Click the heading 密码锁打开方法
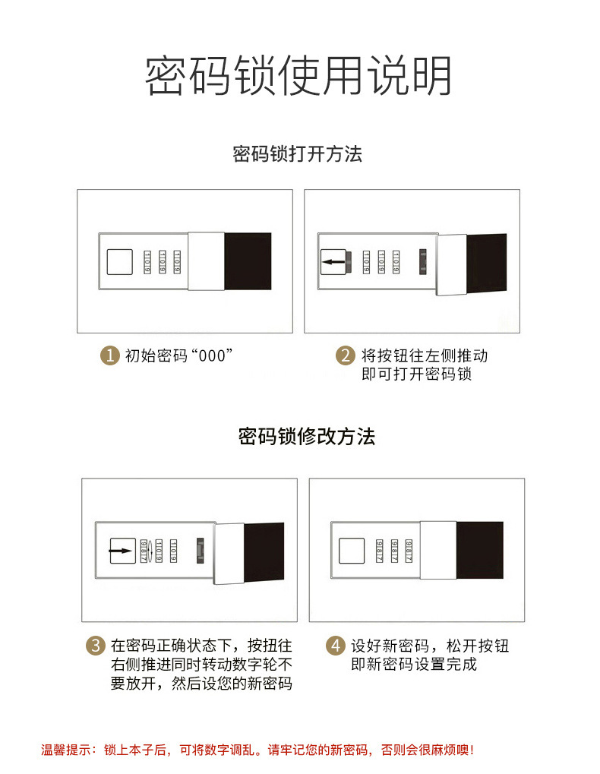coord(298,154)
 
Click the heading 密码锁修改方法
coord(306,437)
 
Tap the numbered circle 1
coord(111,355)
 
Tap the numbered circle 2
coord(346,355)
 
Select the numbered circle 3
coord(94,646)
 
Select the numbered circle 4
coord(335,646)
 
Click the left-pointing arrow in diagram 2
coord(333,263)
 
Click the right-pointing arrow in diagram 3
coord(118,549)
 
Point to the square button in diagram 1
coord(118,262)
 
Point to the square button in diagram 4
coord(351,549)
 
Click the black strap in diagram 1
coord(248,261)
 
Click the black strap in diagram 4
coord(479,549)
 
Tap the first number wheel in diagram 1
coord(147,262)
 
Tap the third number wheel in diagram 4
coord(409,549)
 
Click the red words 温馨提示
coord(65,750)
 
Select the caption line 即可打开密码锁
coord(416,374)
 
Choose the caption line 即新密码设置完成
coord(414,665)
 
